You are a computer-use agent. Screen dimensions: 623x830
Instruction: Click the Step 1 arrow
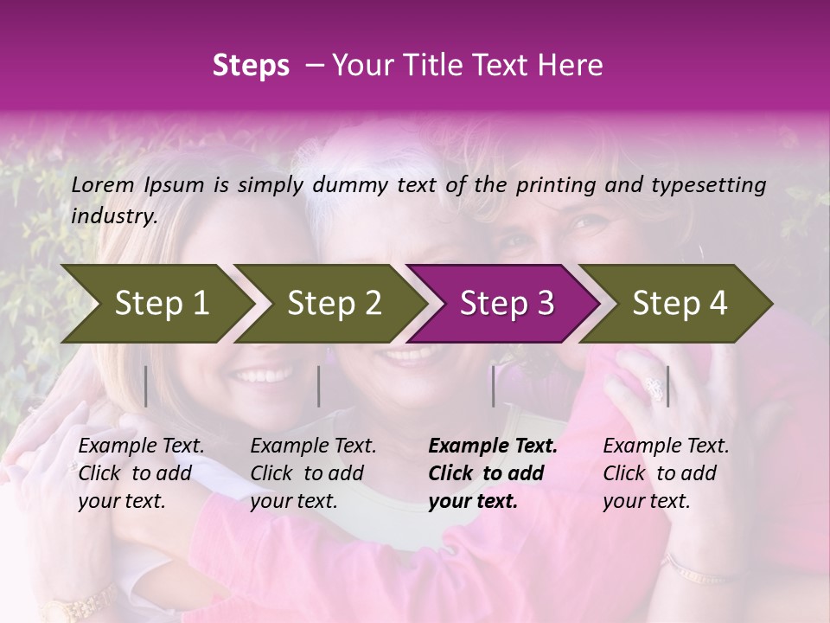click(161, 303)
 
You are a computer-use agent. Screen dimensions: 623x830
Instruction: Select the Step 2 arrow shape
click(334, 303)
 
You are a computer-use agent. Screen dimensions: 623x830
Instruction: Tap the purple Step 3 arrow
click(506, 303)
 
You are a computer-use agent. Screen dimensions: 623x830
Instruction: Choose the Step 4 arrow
click(679, 303)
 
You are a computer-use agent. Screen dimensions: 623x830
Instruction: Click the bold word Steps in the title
click(251, 65)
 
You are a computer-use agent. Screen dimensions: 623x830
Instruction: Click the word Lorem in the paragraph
click(103, 184)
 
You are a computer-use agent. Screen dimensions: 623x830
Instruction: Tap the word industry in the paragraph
click(113, 215)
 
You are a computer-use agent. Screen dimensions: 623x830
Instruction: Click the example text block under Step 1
click(141, 473)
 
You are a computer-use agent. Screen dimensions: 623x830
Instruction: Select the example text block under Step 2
click(313, 473)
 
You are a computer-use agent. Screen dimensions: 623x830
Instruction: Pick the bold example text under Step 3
click(493, 473)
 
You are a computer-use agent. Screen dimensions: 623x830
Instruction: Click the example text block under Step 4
click(666, 473)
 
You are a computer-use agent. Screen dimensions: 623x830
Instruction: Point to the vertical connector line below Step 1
click(146, 386)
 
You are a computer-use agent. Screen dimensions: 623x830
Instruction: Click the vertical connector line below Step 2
click(319, 386)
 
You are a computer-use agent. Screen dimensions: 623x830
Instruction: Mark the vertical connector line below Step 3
click(493, 386)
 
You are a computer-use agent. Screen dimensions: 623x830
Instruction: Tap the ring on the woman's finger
click(654, 390)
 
